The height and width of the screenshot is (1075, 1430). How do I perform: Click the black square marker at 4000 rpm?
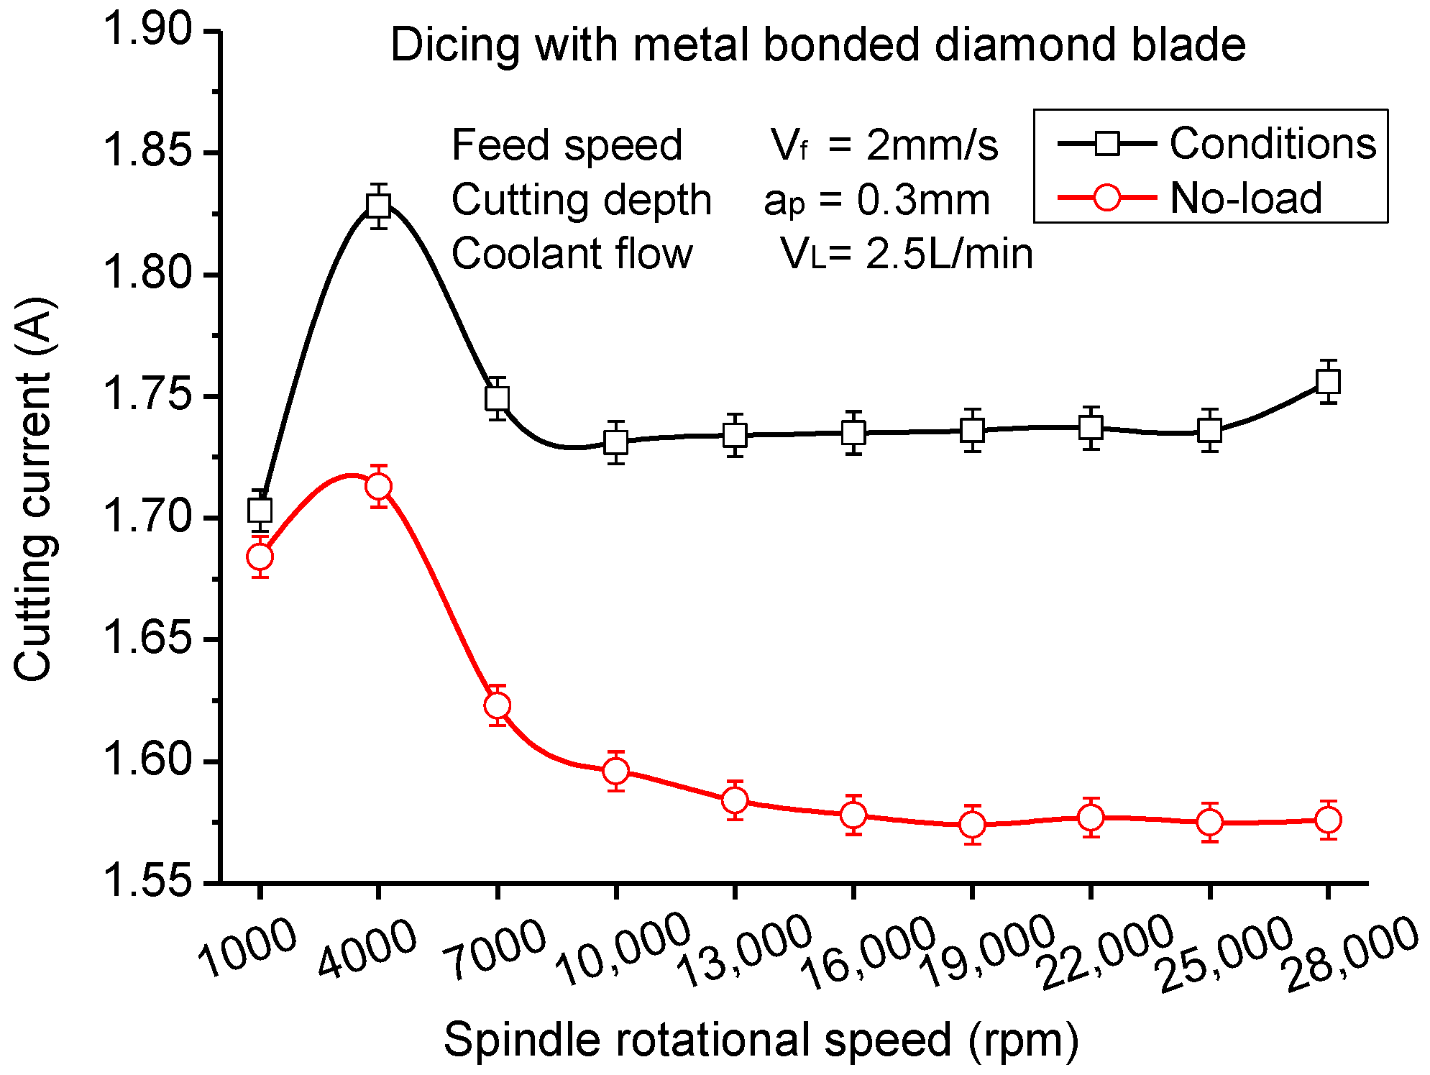coord(378,206)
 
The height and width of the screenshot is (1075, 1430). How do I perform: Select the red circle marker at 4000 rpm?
coord(378,487)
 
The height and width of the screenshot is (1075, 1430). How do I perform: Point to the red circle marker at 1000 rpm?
coord(260,557)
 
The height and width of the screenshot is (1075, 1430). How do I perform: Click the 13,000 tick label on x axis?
coord(744,953)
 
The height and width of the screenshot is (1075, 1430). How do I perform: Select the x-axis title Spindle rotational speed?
coord(761,1040)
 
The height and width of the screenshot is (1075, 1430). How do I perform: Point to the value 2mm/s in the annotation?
coord(932,145)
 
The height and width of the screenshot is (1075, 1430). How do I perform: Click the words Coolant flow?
coord(572,254)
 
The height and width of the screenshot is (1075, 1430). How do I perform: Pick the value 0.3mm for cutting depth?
coord(923,200)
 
